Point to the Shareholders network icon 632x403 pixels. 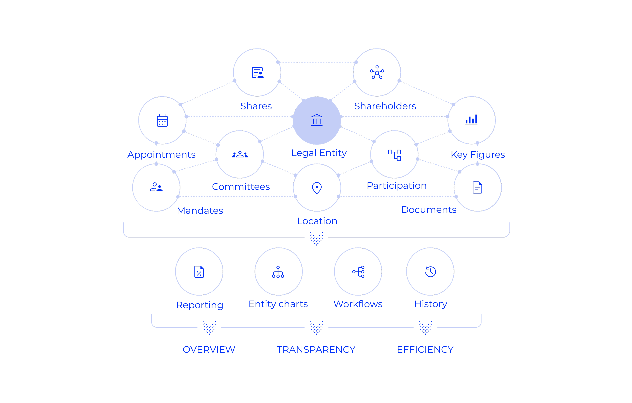pos(377,72)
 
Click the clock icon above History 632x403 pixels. pos(430,272)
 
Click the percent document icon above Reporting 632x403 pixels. pos(199,272)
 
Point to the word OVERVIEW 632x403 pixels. pos(209,349)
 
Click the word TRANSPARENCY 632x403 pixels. pos(316,349)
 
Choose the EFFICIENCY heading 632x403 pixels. pos(425,349)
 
